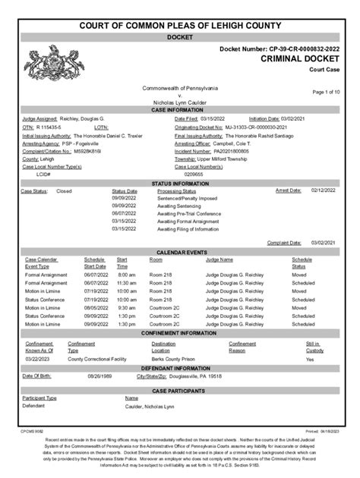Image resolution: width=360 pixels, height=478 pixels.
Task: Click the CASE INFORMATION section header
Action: pyautogui.click(x=179, y=110)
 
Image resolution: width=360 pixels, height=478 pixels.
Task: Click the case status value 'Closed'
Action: pyautogui.click(x=64, y=191)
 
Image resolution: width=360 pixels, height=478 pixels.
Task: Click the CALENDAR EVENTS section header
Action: pyautogui.click(x=179, y=251)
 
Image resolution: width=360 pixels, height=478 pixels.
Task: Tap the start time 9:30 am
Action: pyautogui.click(x=126, y=308)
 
